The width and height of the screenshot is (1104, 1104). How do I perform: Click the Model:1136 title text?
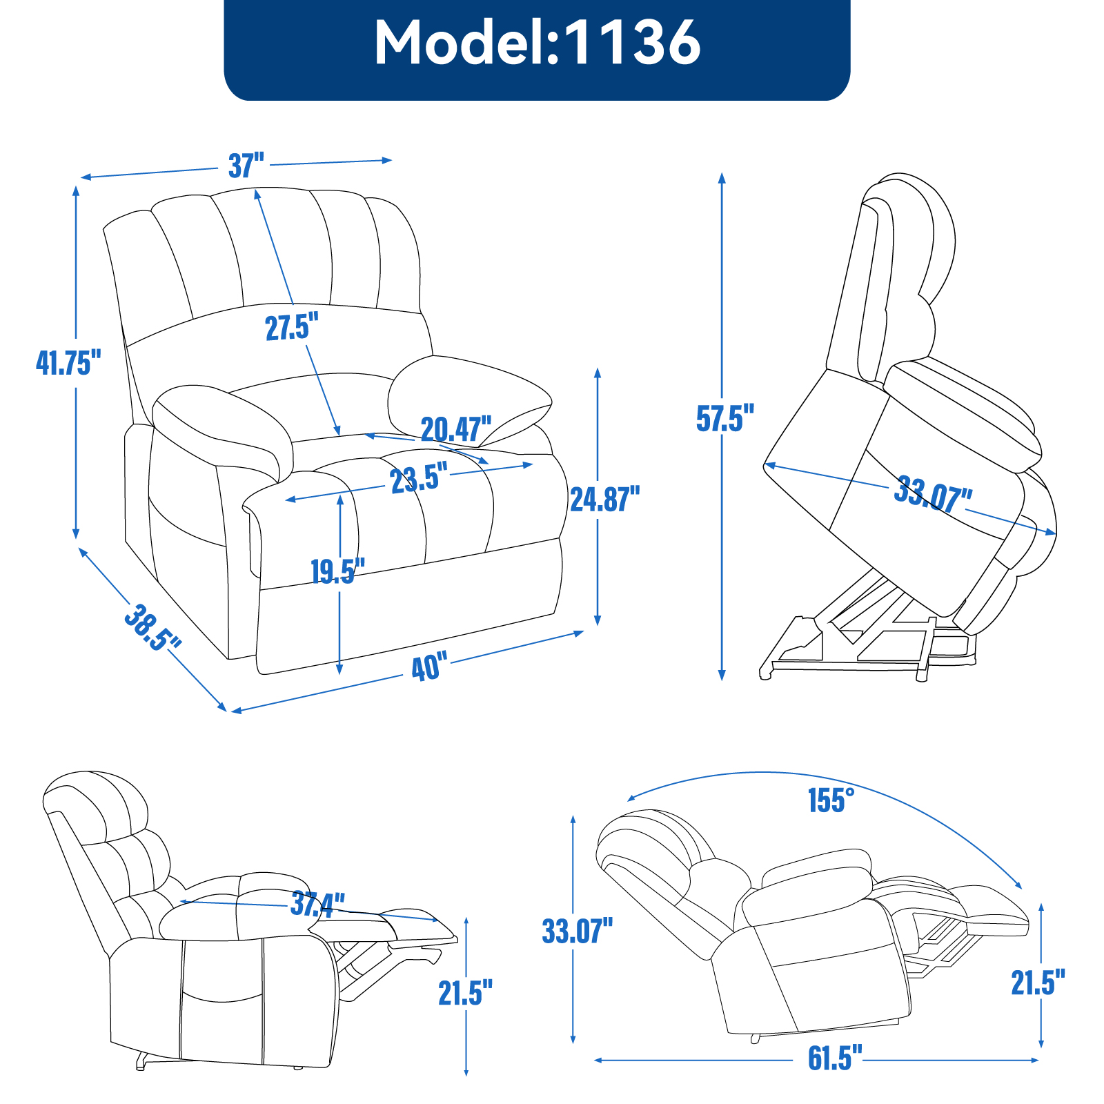pos(537,43)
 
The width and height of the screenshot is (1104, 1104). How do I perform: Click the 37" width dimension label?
pos(246,166)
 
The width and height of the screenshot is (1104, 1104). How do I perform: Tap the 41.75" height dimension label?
pos(68,362)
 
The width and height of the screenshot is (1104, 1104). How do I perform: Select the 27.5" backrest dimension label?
pos(292,326)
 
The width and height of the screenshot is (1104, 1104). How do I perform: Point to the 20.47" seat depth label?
pos(456,429)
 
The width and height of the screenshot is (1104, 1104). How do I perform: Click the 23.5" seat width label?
pos(418,478)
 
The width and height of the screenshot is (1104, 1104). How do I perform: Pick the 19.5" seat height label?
pos(337,571)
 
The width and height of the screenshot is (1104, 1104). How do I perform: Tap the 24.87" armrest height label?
pos(604,499)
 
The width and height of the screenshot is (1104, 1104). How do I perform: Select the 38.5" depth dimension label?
pos(152,627)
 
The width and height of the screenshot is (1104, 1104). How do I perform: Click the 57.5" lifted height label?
pos(724,418)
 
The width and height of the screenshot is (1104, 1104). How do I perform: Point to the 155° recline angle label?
pos(831,800)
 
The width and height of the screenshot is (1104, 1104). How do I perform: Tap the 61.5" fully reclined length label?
pos(835,1058)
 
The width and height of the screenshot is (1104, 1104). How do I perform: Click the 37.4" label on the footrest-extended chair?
pos(317,903)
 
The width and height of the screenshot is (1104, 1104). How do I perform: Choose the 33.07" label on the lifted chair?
pos(933,493)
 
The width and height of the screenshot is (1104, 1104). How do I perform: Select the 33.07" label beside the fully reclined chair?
pos(577,931)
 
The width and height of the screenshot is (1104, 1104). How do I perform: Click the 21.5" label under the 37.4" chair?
pos(465,993)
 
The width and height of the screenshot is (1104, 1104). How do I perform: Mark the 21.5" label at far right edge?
pos(1038,983)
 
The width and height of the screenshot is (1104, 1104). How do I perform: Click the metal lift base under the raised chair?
pos(862,649)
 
